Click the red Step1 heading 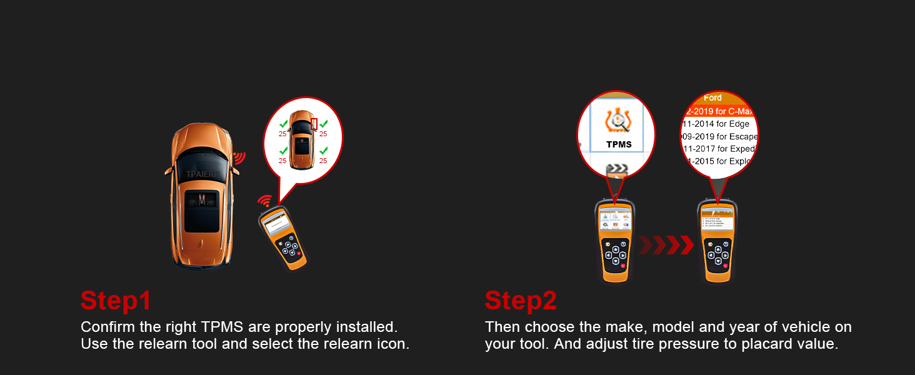(116, 301)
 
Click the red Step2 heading (520, 301)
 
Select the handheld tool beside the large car (282, 237)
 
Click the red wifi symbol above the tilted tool (265, 201)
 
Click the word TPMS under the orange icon (619, 144)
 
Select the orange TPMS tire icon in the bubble (618, 121)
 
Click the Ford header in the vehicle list (712, 98)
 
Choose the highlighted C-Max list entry (719, 111)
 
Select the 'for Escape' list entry (719, 136)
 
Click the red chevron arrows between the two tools (666, 245)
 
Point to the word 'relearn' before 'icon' (342, 344)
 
